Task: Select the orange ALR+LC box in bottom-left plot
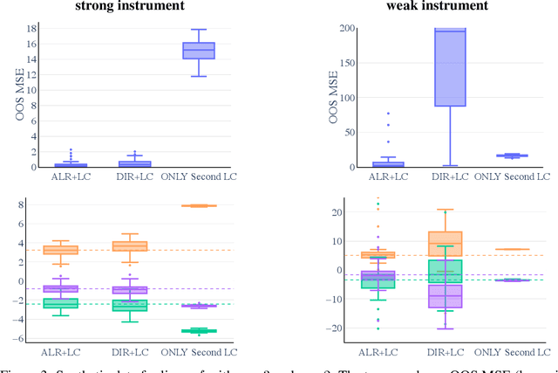pyautogui.click(x=60, y=250)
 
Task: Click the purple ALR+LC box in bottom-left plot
pyautogui.click(x=60, y=288)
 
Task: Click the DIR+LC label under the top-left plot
pyautogui.click(x=134, y=176)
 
